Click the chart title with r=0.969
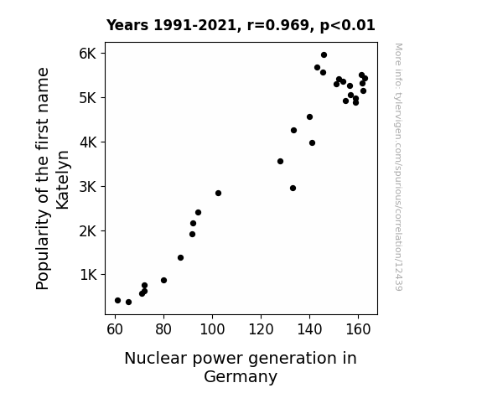coord(241,25)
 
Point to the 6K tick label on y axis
coord(88,54)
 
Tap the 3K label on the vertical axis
coord(88,187)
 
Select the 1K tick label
coord(88,275)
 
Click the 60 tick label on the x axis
coord(115,329)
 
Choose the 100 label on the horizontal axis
coord(212,329)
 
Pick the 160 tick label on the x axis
coord(358,329)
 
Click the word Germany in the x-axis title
coord(241,376)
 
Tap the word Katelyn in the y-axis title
coord(63,180)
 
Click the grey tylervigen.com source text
coord(398,167)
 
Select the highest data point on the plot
coord(324,55)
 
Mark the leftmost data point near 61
coord(117,300)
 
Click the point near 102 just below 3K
coord(218,193)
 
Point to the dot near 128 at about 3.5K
coord(280,162)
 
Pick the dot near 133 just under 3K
coord(293,189)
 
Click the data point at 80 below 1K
coord(163,281)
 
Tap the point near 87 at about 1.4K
coord(181,257)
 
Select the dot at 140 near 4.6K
coord(309,116)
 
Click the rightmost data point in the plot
coord(365,79)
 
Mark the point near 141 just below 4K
coord(312,143)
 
